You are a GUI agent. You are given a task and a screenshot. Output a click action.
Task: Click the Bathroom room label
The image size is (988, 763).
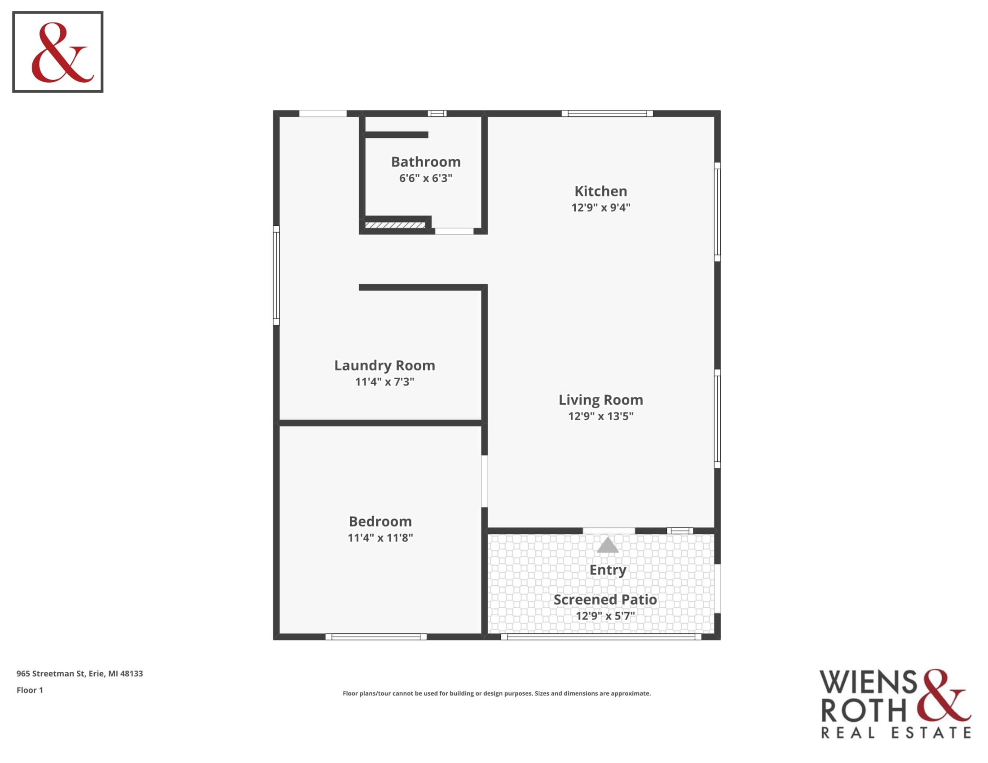click(x=426, y=162)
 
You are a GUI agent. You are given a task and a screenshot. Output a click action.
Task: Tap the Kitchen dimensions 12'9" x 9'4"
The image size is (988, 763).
click(x=601, y=207)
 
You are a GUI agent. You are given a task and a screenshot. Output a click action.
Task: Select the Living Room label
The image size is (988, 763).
click(x=601, y=400)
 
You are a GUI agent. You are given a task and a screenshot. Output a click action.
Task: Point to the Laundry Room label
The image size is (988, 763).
click(x=384, y=366)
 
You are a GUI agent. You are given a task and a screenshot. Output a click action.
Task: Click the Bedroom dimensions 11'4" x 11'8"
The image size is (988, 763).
click(x=380, y=538)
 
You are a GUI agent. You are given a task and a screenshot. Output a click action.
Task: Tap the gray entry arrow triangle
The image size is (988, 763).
click(x=608, y=545)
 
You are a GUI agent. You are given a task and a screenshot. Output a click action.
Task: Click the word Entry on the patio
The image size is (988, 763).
click(x=608, y=570)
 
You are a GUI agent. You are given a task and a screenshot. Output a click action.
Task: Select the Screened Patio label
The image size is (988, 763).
click(x=605, y=600)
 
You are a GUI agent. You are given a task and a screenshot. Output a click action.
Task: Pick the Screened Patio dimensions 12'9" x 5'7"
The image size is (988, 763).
click(x=605, y=616)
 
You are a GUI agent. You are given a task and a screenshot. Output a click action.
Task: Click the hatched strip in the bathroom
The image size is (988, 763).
click(x=395, y=225)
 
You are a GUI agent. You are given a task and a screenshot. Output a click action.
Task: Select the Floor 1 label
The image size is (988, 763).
click(x=30, y=690)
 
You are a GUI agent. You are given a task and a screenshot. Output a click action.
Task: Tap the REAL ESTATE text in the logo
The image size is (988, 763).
click(x=896, y=733)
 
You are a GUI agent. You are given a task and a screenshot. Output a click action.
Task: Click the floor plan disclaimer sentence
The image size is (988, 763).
click(x=497, y=693)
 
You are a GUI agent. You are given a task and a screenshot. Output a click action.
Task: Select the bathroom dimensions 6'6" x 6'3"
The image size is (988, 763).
click(x=426, y=178)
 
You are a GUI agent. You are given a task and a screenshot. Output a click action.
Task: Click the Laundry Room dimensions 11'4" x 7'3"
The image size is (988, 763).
click(x=384, y=382)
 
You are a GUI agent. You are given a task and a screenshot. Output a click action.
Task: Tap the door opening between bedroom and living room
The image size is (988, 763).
click(x=485, y=482)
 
